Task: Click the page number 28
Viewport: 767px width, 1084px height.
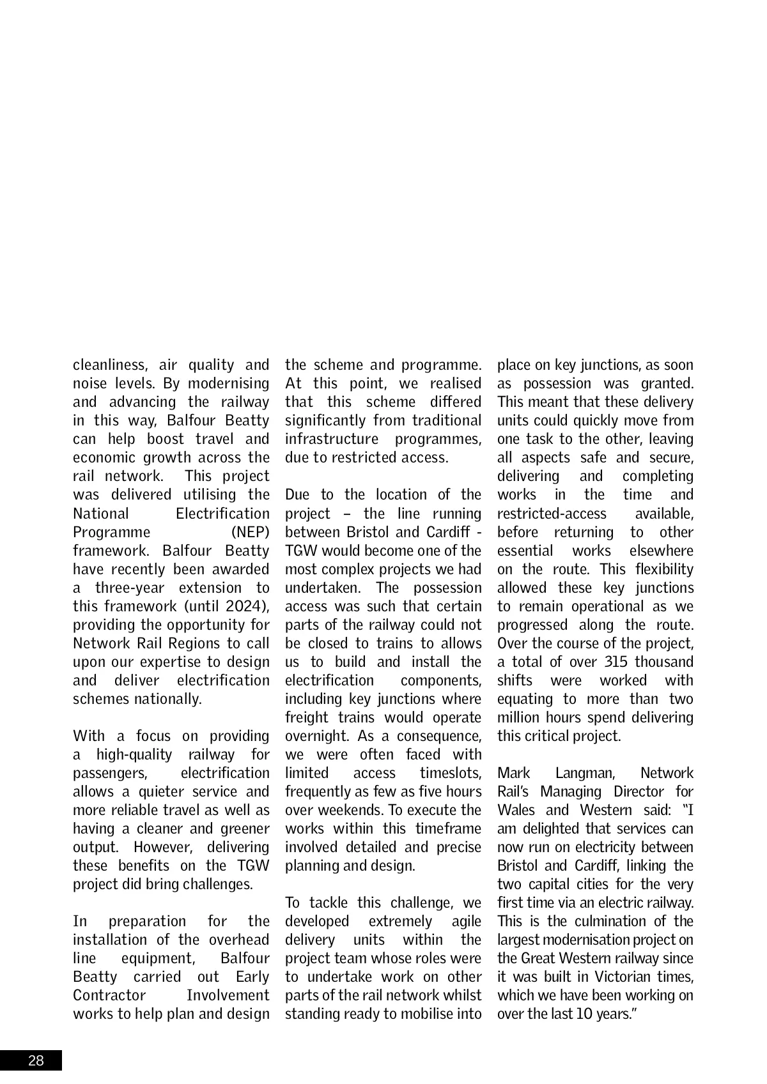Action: click(36, 1061)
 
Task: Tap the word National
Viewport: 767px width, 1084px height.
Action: click(101, 514)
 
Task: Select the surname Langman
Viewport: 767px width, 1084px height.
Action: click(585, 773)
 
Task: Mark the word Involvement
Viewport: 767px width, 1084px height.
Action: click(228, 995)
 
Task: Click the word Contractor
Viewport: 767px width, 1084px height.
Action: click(109, 995)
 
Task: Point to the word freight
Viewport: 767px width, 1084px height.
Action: click(306, 717)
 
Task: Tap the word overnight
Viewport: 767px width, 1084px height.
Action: click(316, 736)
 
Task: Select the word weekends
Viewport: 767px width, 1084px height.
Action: click(346, 810)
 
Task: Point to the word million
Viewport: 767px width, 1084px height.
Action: click(520, 717)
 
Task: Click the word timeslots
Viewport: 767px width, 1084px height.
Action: click(451, 773)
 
